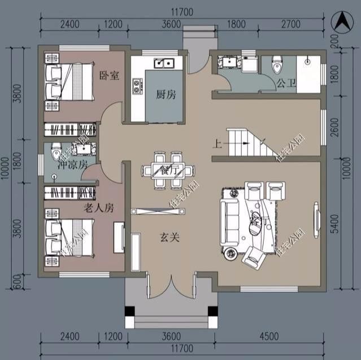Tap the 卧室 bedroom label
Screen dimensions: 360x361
(109, 76)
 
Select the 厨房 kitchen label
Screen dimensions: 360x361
(166, 94)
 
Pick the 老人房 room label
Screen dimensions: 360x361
(99, 208)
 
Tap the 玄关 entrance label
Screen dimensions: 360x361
(169, 238)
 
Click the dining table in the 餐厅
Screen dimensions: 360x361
(169, 170)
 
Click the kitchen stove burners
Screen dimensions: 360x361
(137, 86)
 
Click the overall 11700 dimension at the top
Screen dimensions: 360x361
(182, 11)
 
